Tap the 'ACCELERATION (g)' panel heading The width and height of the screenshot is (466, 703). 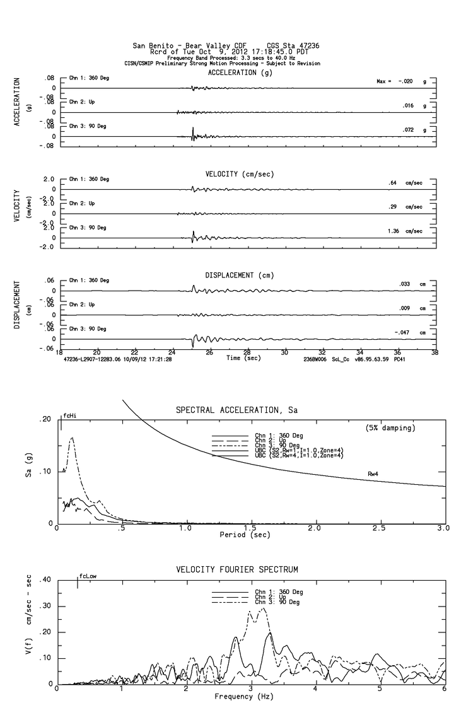[x=240, y=73]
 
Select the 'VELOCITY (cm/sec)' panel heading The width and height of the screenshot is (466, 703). [x=240, y=173]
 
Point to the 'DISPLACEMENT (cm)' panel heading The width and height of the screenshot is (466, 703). [x=240, y=276]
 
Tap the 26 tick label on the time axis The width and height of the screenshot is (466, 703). [x=209, y=352]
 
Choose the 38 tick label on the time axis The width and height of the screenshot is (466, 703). [x=435, y=352]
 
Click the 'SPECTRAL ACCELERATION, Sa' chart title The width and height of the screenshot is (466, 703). [x=236, y=410]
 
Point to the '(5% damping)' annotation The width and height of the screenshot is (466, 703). [x=390, y=428]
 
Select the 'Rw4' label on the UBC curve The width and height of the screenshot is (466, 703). [x=374, y=473]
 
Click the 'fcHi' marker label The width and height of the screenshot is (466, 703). [x=70, y=416]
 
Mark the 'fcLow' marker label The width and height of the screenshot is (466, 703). [x=88, y=576]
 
